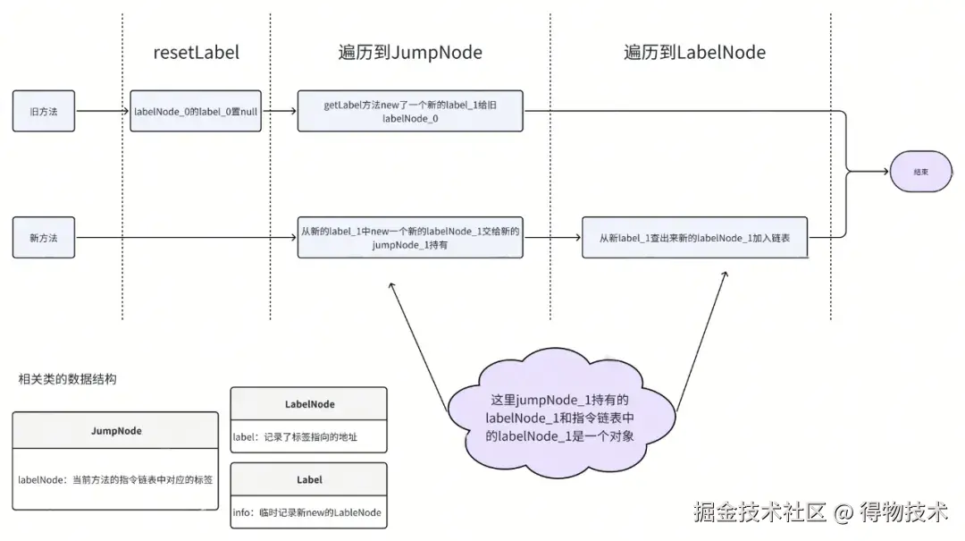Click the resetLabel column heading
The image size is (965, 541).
[x=197, y=53]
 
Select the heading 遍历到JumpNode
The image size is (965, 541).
[x=410, y=53]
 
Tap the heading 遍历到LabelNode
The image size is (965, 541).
[x=694, y=53]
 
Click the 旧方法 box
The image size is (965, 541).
[x=44, y=111]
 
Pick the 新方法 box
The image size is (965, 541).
[x=44, y=237]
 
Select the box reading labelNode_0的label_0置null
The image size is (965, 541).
[x=196, y=111]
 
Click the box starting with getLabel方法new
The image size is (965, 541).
[x=410, y=111]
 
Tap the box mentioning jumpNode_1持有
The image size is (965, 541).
[x=410, y=237]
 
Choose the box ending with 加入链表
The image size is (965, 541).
[x=695, y=237]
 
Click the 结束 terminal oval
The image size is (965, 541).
[x=920, y=172]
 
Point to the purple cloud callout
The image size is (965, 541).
[x=560, y=414]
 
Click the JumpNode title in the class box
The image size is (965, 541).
[x=116, y=431]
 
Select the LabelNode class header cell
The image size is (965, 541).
[x=309, y=403]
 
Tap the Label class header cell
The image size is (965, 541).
[x=309, y=479]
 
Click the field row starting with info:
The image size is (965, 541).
[x=309, y=512]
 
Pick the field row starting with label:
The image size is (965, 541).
[x=309, y=437]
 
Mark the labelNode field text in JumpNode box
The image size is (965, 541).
[x=115, y=479]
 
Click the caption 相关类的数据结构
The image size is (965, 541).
[x=67, y=379]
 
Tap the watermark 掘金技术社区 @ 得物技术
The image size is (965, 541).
[x=821, y=511]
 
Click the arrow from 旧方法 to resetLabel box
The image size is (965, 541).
[x=102, y=111]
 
